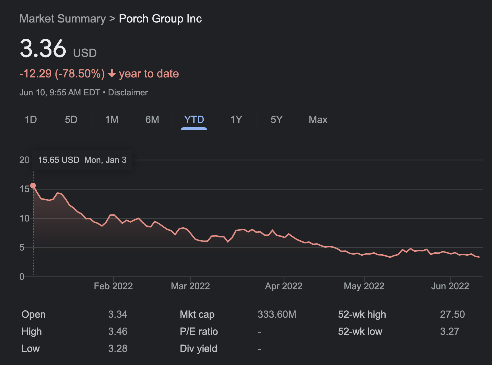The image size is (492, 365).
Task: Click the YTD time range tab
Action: click(194, 120)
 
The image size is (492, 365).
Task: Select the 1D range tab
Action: click(31, 120)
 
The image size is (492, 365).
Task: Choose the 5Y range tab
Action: click(276, 120)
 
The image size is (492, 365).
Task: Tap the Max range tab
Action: click(318, 120)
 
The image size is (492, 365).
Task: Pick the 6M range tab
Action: click(152, 120)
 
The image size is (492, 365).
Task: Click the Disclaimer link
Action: click(128, 93)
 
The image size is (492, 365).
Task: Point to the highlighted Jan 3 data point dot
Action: click(33, 186)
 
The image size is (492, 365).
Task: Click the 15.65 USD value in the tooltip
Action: click(59, 160)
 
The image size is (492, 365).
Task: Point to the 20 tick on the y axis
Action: click(24, 160)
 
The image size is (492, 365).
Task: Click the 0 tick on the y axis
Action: click(22, 276)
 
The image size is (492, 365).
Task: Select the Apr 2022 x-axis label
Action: click(284, 286)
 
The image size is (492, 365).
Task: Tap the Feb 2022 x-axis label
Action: click(113, 286)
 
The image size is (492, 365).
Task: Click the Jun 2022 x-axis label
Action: click(450, 286)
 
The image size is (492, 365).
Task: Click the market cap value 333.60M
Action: click(277, 314)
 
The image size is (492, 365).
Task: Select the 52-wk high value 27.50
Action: click(452, 314)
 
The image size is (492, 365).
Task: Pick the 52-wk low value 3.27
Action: click(450, 331)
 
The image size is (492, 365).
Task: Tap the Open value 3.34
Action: click(117, 314)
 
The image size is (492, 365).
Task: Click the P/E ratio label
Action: click(199, 331)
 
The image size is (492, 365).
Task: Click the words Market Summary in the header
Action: click(63, 19)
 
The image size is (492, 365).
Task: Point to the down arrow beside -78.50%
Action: click(112, 73)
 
